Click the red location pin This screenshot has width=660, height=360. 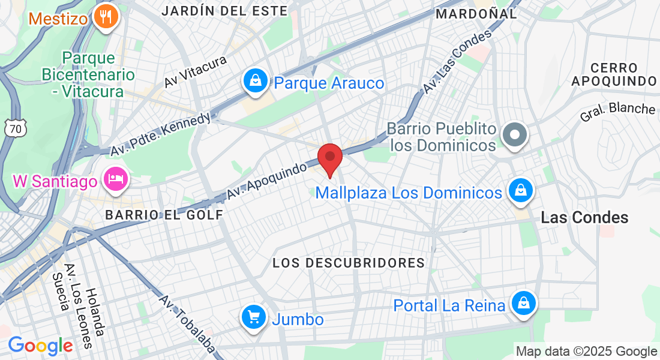(329, 158)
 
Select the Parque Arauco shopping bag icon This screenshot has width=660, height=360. (256, 82)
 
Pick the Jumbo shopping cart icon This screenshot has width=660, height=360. (254, 317)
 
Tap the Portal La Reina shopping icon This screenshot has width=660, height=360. (524, 304)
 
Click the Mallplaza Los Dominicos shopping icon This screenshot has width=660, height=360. (520, 191)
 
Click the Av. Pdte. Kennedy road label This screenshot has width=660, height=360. (161, 134)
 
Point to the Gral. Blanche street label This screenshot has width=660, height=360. (617, 112)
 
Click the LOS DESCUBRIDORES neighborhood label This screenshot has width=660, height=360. (349, 263)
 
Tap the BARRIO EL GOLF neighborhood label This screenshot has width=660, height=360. (163, 215)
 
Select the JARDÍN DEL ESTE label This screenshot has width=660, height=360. (224, 11)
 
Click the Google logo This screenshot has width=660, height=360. (40, 346)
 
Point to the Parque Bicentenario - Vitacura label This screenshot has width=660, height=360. (88, 75)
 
